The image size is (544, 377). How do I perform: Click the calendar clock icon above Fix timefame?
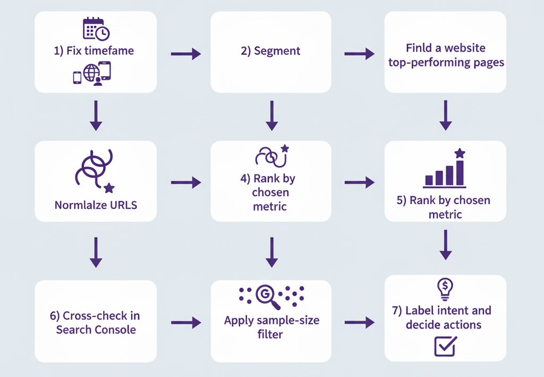[x=96, y=29]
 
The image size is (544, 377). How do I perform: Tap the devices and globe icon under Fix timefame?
[x=92, y=74]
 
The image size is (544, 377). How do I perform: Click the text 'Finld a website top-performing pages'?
[x=446, y=55]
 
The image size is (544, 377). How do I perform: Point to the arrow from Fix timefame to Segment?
[x=185, y=53]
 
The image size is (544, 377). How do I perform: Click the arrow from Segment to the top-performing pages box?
[x=359, y=53]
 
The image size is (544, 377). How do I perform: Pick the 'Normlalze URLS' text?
[x=96, y=204]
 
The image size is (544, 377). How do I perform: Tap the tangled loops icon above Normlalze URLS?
[x=93, y=171]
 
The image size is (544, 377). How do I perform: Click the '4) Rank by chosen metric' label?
[x=271, y=192]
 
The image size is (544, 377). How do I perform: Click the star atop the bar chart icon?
[x=460, y=154]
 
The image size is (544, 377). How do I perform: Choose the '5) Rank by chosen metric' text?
[x=445, y=207]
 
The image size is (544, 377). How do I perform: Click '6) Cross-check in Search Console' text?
[x=96, y=322]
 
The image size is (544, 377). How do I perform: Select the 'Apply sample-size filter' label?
[x=271, y=328]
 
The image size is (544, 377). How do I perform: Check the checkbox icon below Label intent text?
[x=445, y=346]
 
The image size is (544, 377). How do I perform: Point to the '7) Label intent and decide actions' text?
[x=445, y=317]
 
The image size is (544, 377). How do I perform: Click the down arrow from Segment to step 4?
[x=271, y=115]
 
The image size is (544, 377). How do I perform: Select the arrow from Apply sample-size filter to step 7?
[x=359, y=322]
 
